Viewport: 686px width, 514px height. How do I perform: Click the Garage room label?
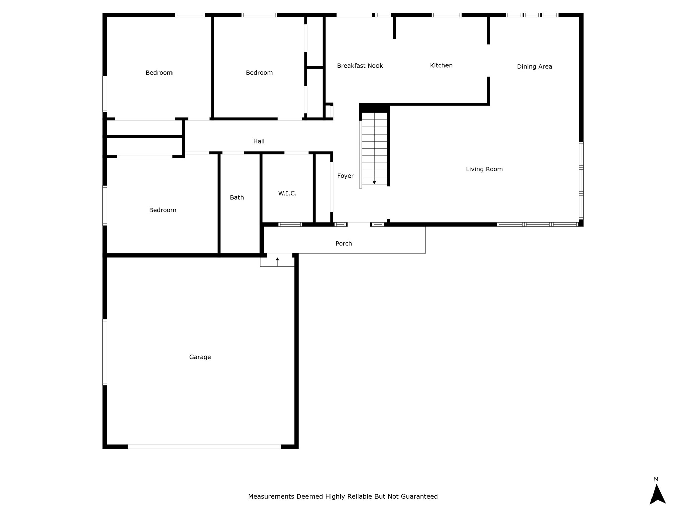pos(200,357)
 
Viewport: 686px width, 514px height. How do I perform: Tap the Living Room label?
pos(484,169)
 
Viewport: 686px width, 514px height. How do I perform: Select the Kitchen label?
pos(441,65)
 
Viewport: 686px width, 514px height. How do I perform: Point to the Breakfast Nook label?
pos(360,66)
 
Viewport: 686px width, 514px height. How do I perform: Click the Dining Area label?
pos(534,67)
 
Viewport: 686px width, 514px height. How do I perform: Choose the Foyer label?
pos(345,176)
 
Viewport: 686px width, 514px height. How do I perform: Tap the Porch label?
pos(344,243)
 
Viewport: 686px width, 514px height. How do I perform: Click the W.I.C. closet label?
pos(287,193)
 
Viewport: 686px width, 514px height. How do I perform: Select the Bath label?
pos(237,197)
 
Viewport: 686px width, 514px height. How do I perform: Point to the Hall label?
pos(259,141)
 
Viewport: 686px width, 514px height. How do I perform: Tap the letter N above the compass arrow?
pos(656,479)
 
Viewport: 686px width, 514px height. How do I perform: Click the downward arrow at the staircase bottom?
pos(374,182)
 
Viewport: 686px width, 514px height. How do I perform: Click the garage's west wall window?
pos(105,352)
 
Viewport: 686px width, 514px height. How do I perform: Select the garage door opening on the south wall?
pos(204,446)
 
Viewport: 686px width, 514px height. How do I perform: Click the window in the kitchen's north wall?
pos(447,15)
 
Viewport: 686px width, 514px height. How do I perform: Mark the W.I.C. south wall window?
pos(290,224)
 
